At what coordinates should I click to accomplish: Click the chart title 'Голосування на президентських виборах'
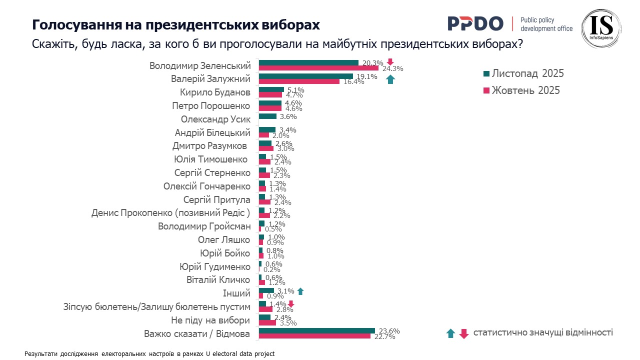[x=175, y=25]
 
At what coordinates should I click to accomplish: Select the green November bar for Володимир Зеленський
[x=308, y=63]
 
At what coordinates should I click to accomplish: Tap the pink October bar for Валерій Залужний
[x=299, y=81]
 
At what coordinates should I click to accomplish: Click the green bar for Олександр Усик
[x=267, y=116]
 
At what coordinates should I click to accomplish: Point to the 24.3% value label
[x=392, y=69]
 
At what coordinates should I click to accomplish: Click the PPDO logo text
[x=475, y=23]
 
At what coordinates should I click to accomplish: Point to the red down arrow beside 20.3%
[x=390, y=62]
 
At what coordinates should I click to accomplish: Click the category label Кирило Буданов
[x=215, y=92]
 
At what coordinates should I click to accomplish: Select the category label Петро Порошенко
[x=211, y=106]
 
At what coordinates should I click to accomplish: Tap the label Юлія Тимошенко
[x=211, y=159]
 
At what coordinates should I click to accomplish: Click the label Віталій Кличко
[x=215, y=280]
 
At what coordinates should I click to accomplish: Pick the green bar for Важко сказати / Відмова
[x=316, y=330]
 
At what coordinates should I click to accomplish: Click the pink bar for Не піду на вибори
[x=267, y=323]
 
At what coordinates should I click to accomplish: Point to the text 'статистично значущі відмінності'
[x=543, y=332]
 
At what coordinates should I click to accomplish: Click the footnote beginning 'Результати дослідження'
[x=149, y=353]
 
